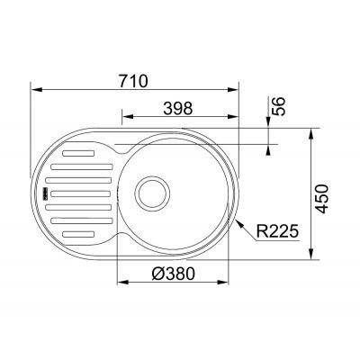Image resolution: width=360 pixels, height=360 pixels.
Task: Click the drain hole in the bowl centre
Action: point(150,192)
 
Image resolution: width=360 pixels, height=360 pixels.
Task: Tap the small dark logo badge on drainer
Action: point(40,192)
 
